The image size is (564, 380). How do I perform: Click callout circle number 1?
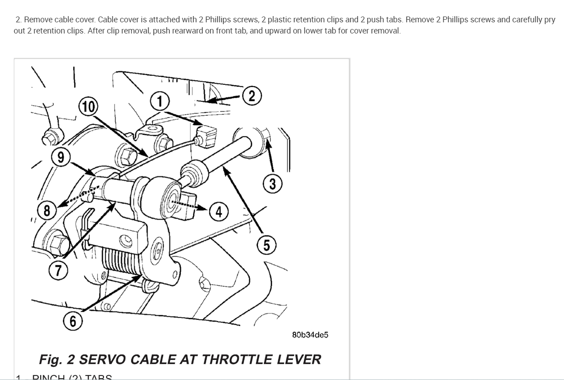[x=160, y=101]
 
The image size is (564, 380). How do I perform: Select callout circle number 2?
[x=252, y=96]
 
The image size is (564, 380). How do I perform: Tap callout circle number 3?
[x=272, y=184]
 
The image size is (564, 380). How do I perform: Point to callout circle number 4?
[x=218, y=211]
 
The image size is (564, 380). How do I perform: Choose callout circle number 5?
[x=266, y=245]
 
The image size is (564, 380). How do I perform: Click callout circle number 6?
[x=73, y=321]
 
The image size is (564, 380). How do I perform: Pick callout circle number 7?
[x=59, y=271]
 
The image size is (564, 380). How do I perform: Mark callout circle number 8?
[x=46, y=210]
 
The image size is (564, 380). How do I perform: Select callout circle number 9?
[x=61, y=157]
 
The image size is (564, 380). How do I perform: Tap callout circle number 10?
[x=88, y=107]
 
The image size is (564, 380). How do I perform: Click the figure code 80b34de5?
[x=310, y=335]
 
